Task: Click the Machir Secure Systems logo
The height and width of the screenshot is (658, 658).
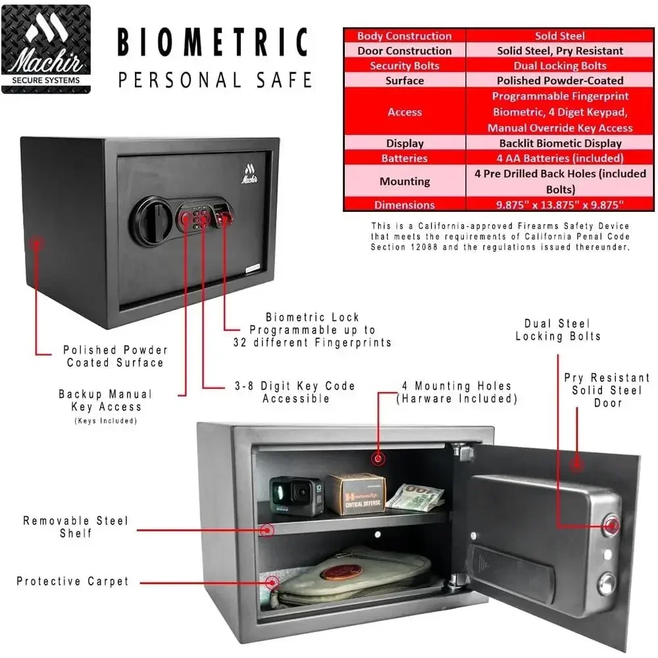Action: click(x=46, y=49)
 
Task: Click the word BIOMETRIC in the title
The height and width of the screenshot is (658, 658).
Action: click(x=213, y=42)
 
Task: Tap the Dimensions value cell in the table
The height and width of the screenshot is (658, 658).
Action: click(x=560, y=205)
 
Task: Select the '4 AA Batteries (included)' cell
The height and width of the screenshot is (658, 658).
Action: click(x=560, y=158)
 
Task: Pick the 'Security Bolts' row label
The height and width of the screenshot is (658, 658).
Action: click(x=405, y=66)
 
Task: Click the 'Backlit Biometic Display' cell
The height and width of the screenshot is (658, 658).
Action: click(x=560, y=143)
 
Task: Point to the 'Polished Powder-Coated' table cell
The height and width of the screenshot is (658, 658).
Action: click(x=560, y=80)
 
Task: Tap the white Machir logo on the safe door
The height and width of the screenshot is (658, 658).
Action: click(x=249, y=173)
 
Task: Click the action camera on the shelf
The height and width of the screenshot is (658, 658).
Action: click(x=297, y=495)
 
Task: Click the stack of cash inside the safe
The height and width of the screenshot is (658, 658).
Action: click(x=415, y=497)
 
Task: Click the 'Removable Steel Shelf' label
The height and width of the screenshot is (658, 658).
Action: click(x=76, y=527)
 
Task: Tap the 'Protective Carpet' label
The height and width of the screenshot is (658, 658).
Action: click(x=72, y=581)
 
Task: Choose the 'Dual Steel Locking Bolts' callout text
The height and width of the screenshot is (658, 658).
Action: click(x=558, y=330)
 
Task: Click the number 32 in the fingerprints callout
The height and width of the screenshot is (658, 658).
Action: click(x=240, y=342)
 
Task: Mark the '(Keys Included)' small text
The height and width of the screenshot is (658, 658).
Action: click(x=106, y=421)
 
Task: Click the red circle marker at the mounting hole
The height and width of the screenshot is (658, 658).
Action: click(x=378, y=459)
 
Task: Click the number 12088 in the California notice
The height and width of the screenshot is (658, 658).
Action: click(x=424, y=247)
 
